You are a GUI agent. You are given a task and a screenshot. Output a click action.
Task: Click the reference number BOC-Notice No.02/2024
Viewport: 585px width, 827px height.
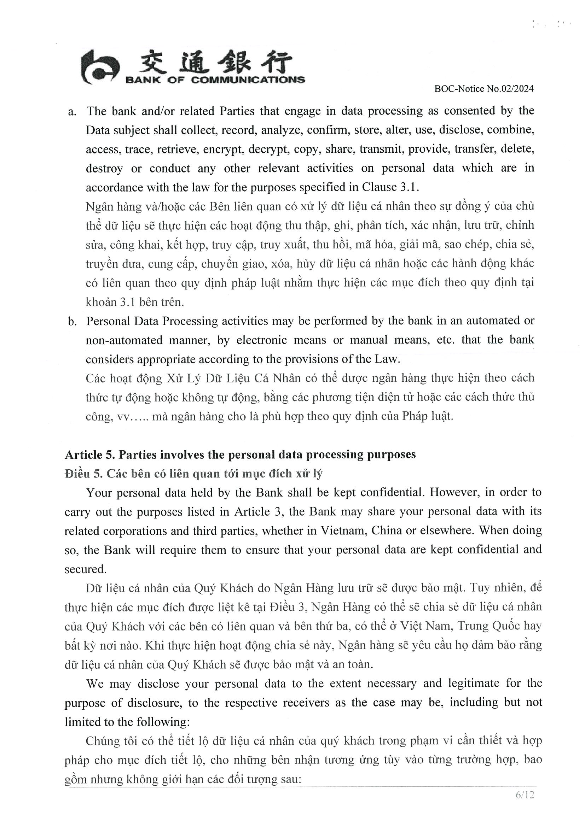pyautogui.click(x=484, y=89)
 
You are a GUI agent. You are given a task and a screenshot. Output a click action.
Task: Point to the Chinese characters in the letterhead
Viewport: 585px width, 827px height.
pyautogui.click(x=215, y=62)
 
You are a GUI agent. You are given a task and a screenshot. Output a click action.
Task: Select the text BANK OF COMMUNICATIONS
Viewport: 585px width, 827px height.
pyautogui.click(x=215, y=80)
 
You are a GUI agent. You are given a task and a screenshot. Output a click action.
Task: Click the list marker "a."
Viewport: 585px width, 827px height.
pyautogui.click(x=72, y=111)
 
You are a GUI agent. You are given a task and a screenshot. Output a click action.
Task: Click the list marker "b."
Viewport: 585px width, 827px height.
pyautogui.click(x=72, y=321)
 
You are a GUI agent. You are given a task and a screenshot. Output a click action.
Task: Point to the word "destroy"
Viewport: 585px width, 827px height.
pyautogui.click(x=104, y=168)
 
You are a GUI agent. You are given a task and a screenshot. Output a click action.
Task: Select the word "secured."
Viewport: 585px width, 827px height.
pyautogui.click(x=86, y=569)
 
